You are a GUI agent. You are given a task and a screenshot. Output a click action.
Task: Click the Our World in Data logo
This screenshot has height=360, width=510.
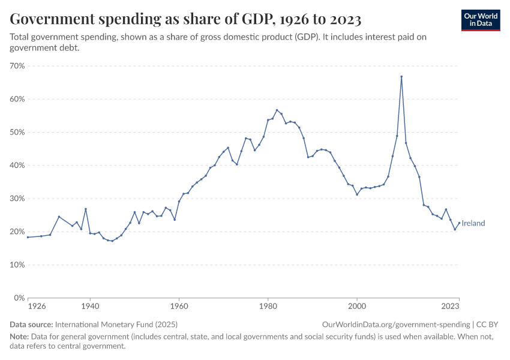click(481, 20)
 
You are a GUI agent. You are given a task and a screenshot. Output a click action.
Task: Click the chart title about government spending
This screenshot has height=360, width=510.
click(185, 19)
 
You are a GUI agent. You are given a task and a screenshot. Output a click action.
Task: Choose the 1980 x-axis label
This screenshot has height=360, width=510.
click(268, 305)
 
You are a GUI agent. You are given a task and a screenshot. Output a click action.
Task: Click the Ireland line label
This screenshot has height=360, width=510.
click(473, 223)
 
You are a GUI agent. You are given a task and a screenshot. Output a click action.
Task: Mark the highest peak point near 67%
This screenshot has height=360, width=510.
click(401, 76)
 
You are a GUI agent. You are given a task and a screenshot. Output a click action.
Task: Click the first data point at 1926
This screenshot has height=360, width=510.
click(28, 237)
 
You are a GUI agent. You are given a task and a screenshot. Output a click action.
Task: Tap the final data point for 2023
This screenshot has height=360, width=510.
click(459, 223)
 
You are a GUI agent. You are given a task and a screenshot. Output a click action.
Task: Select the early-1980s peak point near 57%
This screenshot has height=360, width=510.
click(277, 110)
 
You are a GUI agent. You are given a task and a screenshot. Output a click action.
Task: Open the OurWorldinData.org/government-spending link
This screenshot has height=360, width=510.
click(395, 325)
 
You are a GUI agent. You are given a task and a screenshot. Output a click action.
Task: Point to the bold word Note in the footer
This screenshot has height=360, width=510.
click(20, 337)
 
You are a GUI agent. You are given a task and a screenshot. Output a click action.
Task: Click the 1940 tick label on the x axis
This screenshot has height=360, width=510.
click(90, 305)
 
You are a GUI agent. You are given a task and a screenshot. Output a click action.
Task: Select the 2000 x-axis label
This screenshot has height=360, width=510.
click(357, 305)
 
